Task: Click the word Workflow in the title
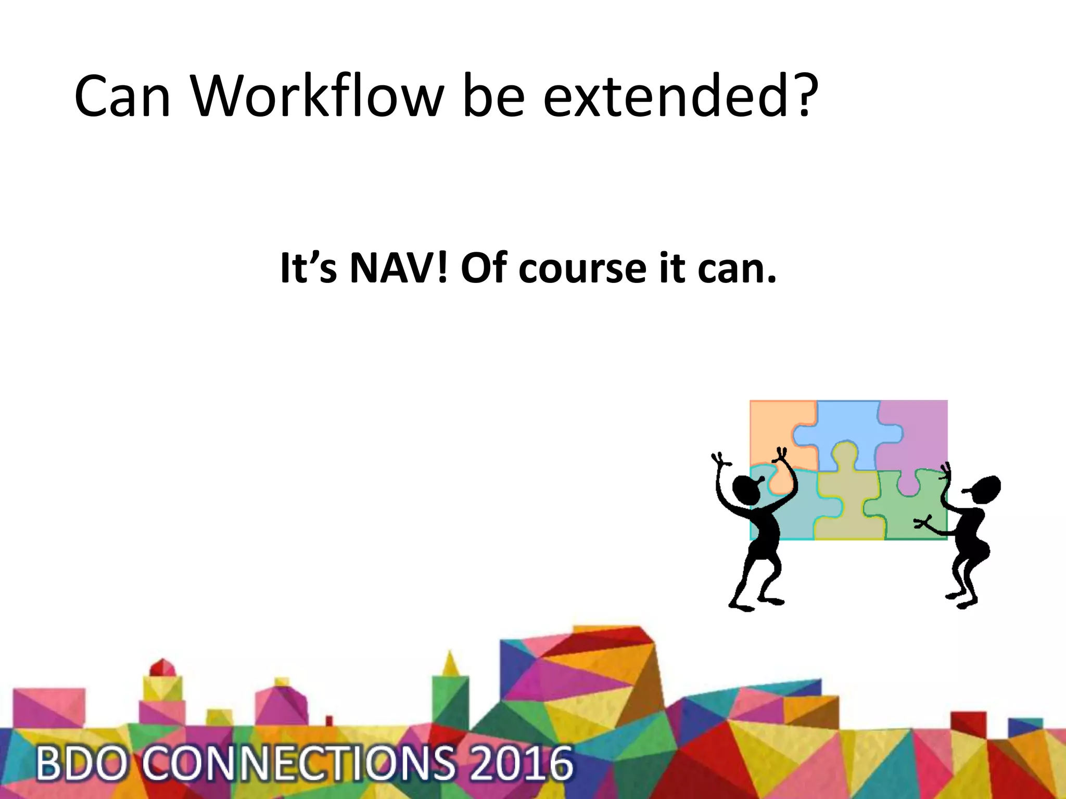318,96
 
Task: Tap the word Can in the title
123,97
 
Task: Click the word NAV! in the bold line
398,268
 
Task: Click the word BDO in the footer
81,764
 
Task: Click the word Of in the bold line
484,268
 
